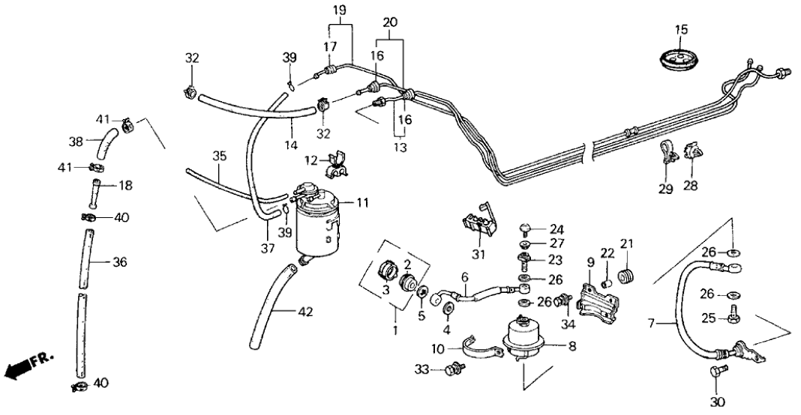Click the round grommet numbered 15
click(680, 57)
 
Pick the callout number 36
click(120, 262)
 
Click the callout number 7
click(652, 324)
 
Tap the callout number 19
click(339, 10)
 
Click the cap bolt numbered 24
click(526, 228)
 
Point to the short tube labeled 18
click(97, 194)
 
